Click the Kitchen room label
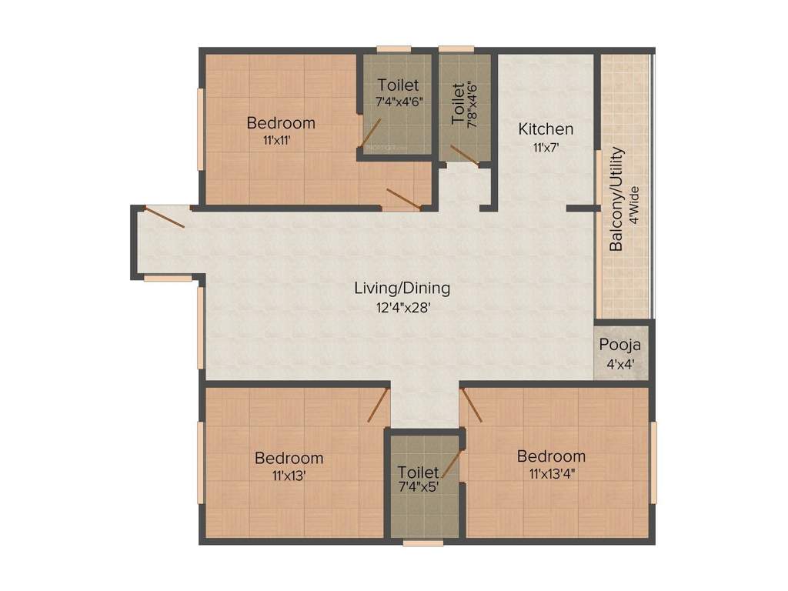[x=545, y=129]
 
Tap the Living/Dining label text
[x=402, y=289]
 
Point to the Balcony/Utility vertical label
[x=616, y=199]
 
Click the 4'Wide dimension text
[x=635, y=204]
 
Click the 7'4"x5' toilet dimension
[x=418, y=486]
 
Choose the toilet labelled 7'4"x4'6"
[x=398, y=92]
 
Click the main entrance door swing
[x=164, y=217]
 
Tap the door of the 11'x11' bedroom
[x=403, y=199]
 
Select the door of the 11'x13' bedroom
[x=377, y=405]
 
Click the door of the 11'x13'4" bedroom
[x=471, y=405]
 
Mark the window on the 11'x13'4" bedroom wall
[x=654, y=462]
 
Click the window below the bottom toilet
[x=423, y=543]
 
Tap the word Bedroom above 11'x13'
[x=289, y=458]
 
